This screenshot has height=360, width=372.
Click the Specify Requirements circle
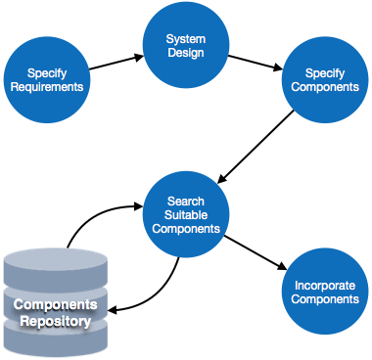coord(47,79)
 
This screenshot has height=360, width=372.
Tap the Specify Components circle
coord(325,80)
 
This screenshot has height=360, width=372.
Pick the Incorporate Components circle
coord(325,292)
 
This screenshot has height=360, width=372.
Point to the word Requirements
coord(47,87)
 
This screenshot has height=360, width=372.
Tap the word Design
coord(186,53)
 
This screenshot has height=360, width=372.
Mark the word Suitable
coord(186,215)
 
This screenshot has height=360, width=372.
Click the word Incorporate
coord(325,285)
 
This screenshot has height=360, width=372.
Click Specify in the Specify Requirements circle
coord(47,72)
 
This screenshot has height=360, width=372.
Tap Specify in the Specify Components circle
coord(325,73)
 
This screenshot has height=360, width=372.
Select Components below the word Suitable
coord(186,229)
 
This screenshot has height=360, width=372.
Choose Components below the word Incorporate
coord(325,299)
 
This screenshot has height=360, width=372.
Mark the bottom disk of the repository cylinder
coord(54,341)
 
